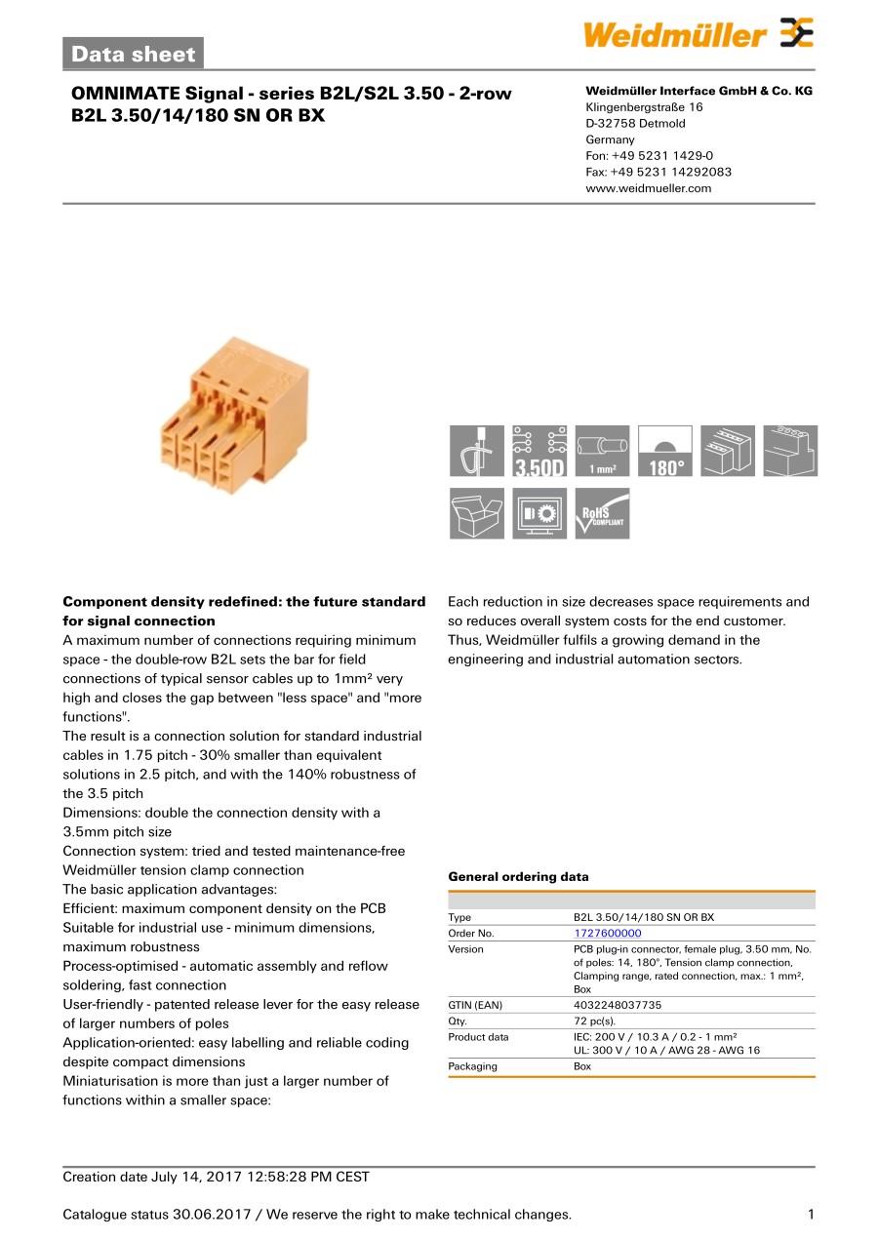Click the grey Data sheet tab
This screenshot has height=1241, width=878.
coord(134,55)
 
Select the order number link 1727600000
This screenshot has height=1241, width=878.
coord(607,934)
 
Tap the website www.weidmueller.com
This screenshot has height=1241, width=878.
coord(648,188)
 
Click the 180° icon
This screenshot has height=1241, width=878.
coord(664,452)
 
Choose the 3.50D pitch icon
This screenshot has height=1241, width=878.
coord(539,452)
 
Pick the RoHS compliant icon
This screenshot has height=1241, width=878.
coord(602,514)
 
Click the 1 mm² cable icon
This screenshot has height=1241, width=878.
coord(602,452)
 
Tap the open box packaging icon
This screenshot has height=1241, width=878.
coord(477,514)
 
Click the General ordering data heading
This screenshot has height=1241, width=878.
coord(518,877)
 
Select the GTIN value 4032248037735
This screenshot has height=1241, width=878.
coord(617,1005)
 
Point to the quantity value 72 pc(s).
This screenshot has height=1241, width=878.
coord(594,1021)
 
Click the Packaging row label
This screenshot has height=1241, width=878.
coord(472,1066)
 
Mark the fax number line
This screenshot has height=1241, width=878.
coord(658,172)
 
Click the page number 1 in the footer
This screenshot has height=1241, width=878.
coord(811,1215)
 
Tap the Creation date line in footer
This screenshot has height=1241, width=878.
coord(216,1177)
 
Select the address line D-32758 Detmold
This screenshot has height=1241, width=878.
coord(635,124)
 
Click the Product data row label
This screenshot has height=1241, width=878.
coord(478,1037)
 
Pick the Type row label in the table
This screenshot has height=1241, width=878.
coord(459,918)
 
